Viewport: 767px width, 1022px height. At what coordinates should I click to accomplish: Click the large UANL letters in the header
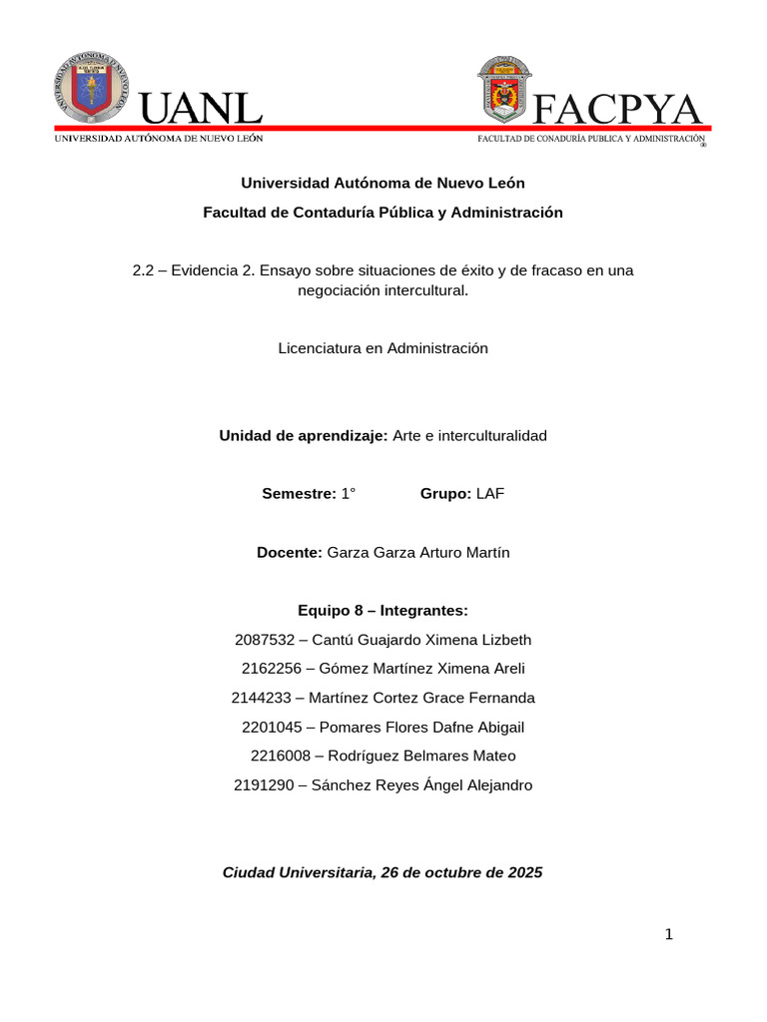coord(201,109)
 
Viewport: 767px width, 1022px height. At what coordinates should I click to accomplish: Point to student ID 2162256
coord(271,669)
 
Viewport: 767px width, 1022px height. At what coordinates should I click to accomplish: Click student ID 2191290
coord(263,785)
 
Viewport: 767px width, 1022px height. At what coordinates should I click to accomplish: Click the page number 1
coord(669,935)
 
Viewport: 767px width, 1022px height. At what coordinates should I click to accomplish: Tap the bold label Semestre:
coord(299,494)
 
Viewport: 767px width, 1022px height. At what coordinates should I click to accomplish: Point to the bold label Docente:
coord(290,553)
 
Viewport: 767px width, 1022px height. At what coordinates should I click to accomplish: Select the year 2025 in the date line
coord(525,872)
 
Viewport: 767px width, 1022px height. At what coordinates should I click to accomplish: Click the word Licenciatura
coord(317,348)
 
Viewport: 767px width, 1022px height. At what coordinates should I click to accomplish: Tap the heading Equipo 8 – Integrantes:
coord(383,611)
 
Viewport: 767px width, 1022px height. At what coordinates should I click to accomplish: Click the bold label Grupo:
coord(445,494)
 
